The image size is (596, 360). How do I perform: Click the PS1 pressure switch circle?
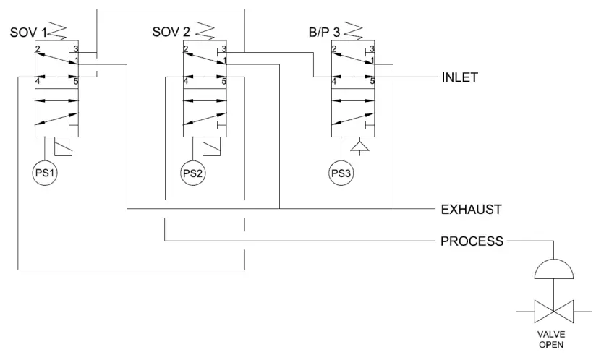tap(45, 173)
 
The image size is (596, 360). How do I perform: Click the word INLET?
tap(459, 77)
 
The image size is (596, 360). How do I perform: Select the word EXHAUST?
tap(472, 209)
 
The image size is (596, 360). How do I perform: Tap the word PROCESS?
tap(472, 241)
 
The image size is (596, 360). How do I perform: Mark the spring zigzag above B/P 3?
tap(354, 32)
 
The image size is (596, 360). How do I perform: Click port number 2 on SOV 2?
tap(186, 49)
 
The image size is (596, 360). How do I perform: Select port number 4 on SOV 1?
tap(37, 82)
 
